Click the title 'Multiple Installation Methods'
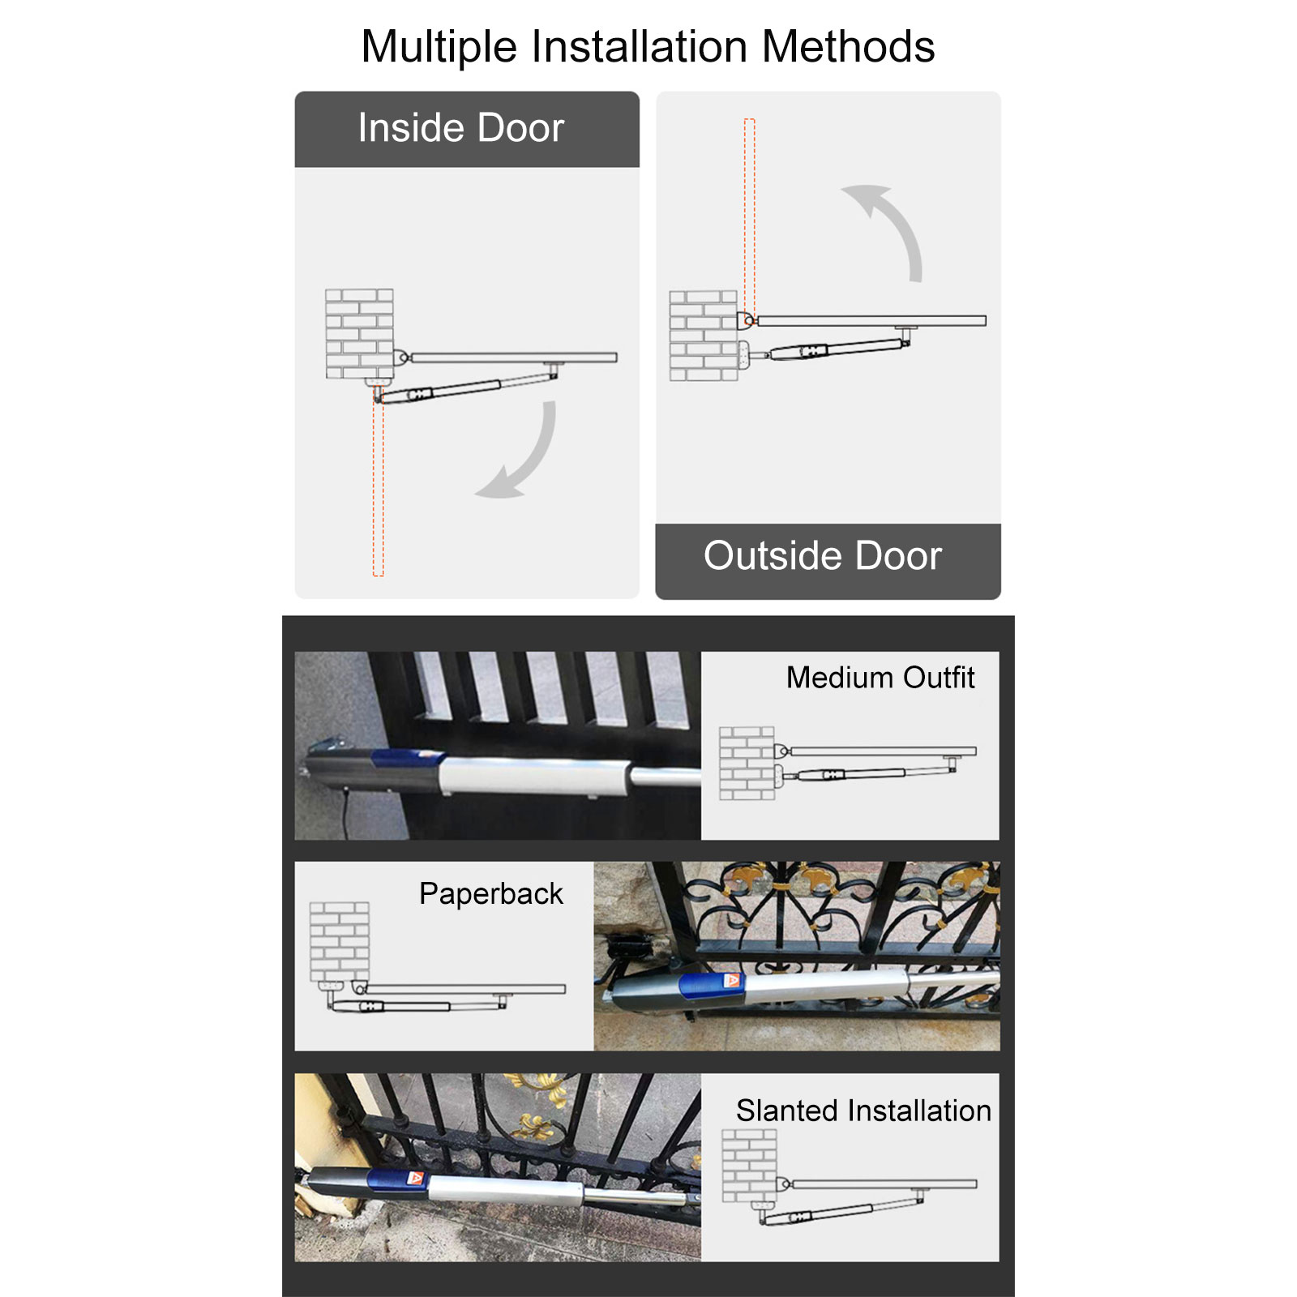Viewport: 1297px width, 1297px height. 648,46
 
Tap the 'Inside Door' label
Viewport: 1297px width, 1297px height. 460,128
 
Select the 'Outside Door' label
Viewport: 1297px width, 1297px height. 822,556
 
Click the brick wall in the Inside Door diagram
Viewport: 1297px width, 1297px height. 359,334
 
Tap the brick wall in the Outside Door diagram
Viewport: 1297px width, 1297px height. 704,336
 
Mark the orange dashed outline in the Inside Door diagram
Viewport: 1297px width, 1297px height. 379,483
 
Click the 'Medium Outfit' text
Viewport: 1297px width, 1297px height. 880,678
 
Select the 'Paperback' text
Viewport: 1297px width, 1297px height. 490,894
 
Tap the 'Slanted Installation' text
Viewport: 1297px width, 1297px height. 863,1111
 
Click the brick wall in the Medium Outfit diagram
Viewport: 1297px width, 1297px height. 747,764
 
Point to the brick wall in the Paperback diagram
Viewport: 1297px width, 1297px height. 339,942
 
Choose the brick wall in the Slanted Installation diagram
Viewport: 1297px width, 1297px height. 749,1166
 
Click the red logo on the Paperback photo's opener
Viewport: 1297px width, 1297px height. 732,981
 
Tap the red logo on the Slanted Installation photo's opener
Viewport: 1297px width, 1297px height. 415,1179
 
